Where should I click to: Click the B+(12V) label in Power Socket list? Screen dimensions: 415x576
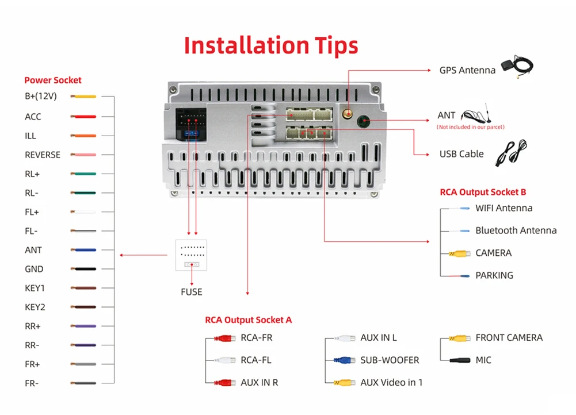[40, 97]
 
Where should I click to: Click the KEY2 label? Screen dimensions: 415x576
[35, 307]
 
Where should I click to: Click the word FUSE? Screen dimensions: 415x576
[192, 292]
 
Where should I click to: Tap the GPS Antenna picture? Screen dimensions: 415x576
[517, 66]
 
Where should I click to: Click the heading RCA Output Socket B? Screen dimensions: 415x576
[483, 192]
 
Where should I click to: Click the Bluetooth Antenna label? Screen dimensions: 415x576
[516, 230]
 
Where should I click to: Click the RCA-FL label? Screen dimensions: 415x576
[255, 360]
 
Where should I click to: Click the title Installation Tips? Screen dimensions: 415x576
[271, 45]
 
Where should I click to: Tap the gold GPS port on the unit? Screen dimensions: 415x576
[348, 114]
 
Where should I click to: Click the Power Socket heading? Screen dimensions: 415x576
[53, 80]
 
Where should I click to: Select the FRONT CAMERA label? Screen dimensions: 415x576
[509, 337]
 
